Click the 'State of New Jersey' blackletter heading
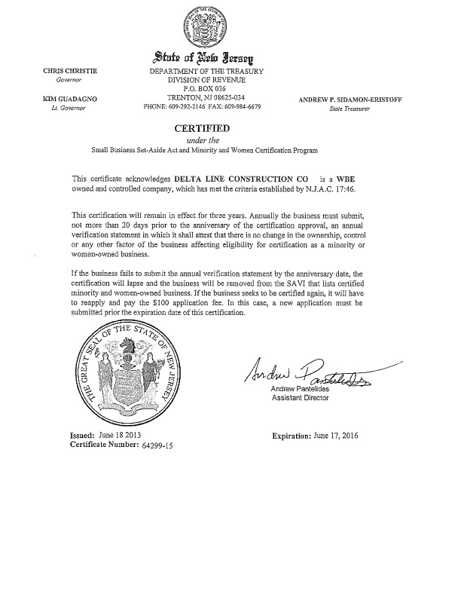click(x=204, y=58)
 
